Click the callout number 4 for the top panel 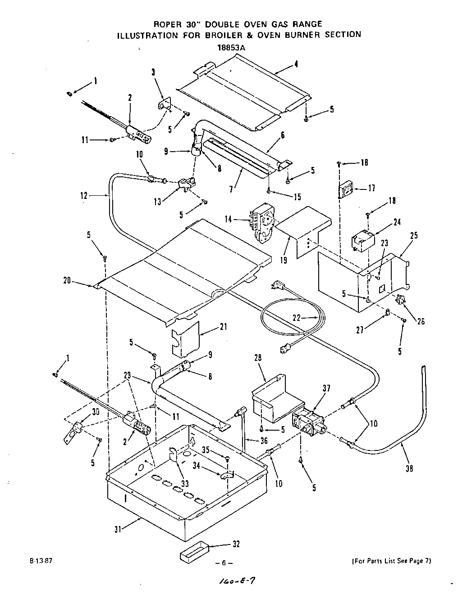296,64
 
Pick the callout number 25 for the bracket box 413,235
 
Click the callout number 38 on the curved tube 408,468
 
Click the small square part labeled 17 346,189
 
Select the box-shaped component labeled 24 364,239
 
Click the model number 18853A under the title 232,46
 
